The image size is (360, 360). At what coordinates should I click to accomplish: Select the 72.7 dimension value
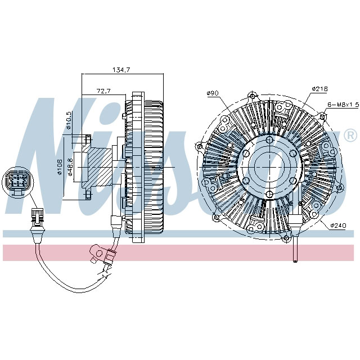103,90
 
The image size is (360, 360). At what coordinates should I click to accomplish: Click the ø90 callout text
212,92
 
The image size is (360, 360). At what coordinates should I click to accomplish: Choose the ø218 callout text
319,88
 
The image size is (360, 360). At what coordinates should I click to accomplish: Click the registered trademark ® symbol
349,136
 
